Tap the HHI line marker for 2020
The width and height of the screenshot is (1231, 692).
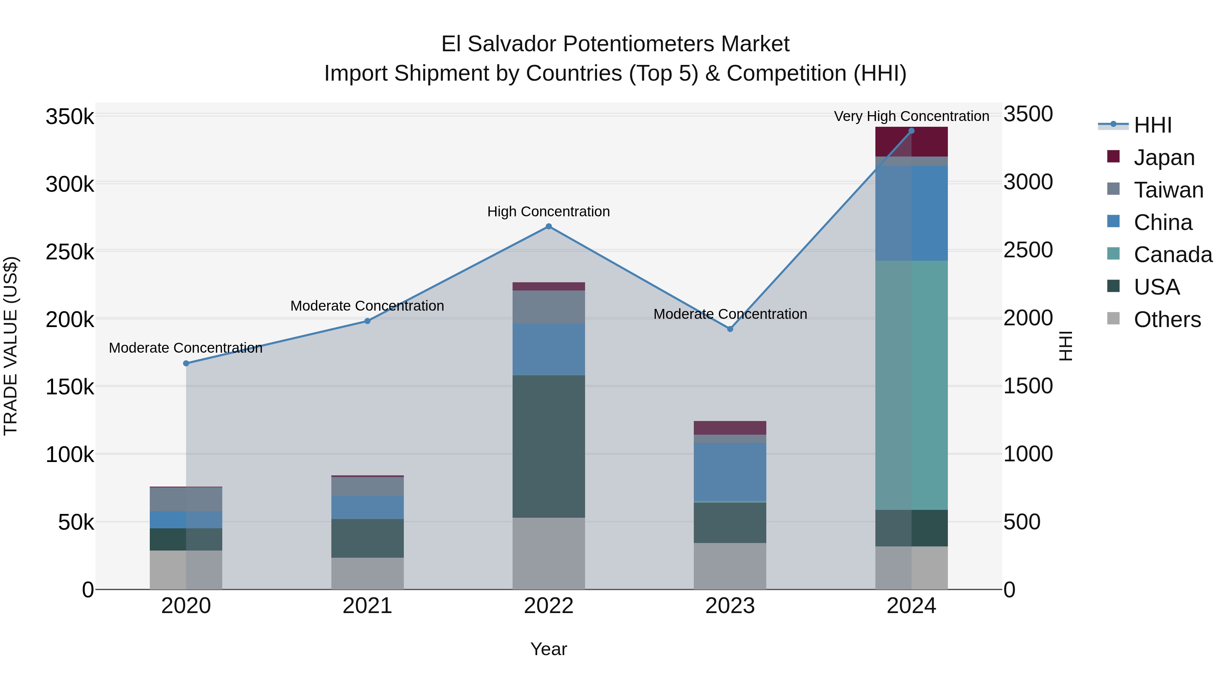[186, 364]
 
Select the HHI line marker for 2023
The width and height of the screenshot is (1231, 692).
[730, 329]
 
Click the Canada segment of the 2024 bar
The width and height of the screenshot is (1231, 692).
[911, 385]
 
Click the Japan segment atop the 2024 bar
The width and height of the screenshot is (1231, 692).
[911, 142]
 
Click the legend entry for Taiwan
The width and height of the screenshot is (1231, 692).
[1168, 190]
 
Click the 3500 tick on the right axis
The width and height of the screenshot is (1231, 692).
[1028, 114]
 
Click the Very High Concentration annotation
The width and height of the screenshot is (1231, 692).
[911, 116]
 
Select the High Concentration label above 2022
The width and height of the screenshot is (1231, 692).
[548, 212]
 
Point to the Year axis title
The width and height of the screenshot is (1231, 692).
[548, 649]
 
